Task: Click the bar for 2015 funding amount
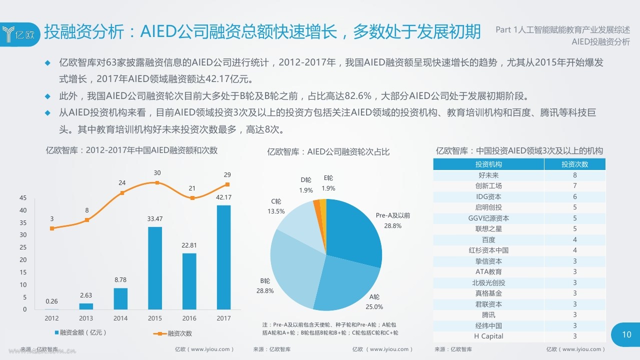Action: coord(155,268)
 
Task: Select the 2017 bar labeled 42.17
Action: coord(223,257)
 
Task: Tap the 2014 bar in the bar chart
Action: coord(120,298)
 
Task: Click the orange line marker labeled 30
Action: coord(157,182)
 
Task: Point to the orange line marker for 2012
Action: coord(51,228)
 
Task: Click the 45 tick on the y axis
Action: coord(23,198)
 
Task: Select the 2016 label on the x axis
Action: coord(189,318)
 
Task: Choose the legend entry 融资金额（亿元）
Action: coord(83,332)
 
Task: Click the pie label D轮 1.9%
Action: coord(306,185)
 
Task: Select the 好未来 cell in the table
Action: coord(488,175)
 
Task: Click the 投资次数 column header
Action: coord(574,164)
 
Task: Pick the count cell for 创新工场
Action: coord(574,186)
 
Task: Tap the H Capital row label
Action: coord(488,336)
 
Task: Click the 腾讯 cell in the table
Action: coord(488,315)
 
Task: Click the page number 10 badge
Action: coord(626,334)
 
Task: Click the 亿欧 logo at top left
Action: coord(19,34)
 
